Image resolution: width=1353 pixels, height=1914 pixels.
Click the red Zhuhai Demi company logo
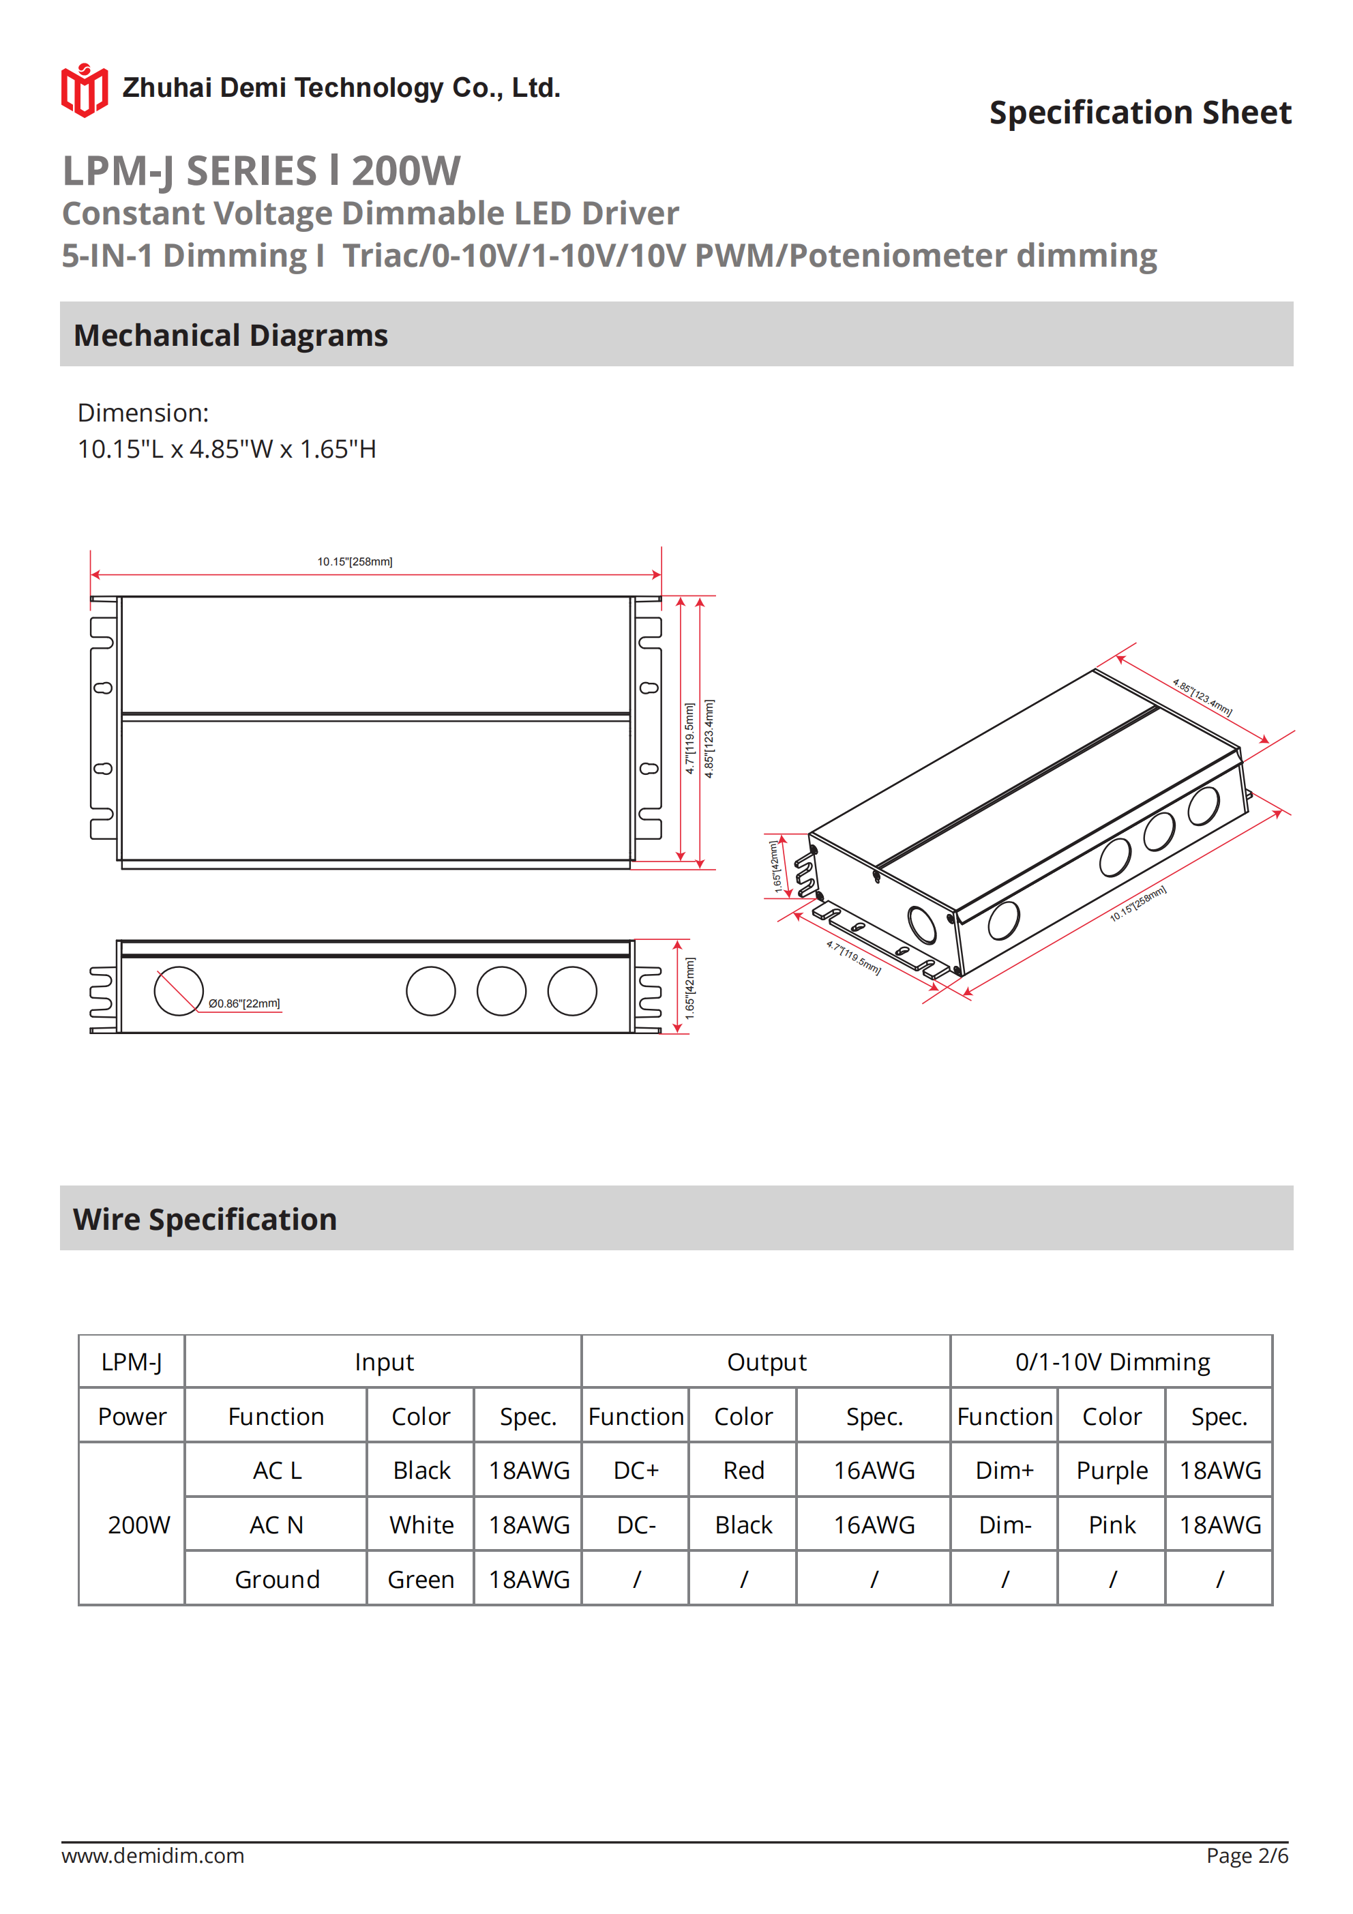coord(83,90)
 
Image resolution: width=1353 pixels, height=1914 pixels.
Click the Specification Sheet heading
coord(1140,113)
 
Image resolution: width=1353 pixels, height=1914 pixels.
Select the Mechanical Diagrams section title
coord(230,335)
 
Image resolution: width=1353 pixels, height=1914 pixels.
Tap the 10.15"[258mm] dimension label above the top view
coord(355,562)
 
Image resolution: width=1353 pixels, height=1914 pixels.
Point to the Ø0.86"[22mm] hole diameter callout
coord(244,1003)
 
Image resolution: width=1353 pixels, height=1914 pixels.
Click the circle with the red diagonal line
coord(179,991)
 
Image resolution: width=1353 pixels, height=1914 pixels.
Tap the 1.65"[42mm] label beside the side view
coord(689,988)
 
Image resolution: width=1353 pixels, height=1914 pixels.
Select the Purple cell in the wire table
coord(1111,1471)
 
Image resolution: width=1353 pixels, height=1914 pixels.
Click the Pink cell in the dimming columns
coord(1111,1525)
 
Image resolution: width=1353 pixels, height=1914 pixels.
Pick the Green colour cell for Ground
coord(420,1580)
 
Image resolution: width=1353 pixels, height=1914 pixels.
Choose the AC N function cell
coord(276,1525)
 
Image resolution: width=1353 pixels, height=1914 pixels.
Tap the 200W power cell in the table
coord(138,1525)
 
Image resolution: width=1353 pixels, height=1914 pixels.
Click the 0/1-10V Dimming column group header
coord(1111,1362)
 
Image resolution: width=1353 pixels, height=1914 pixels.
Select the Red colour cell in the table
coord(743,1471)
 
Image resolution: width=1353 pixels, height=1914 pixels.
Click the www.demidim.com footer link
coord(153,1855)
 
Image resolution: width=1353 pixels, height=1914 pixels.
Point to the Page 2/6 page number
coord(1247,1855)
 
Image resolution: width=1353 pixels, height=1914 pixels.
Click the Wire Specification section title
coord(205,1220)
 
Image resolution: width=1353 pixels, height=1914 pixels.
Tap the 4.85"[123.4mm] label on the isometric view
coord(1202,698)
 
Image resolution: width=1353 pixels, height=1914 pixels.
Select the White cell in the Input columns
coord(421,1525)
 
